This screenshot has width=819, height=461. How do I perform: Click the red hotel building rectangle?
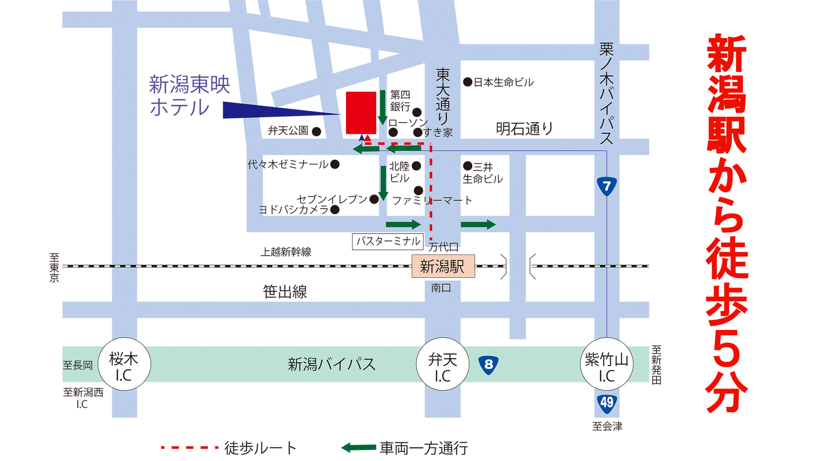tap(361, 113)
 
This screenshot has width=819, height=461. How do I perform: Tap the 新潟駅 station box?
tap(443, 266)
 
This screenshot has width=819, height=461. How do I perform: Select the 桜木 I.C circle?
tap(124, 364)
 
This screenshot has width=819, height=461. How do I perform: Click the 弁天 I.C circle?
tap(442, 364)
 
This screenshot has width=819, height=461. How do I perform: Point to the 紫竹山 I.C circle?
tap(606, 364)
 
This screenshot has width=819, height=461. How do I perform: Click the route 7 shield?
tap(606, 186)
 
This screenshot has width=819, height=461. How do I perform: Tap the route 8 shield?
tap(489, 365)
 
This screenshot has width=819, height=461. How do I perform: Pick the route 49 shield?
tap(606, 403)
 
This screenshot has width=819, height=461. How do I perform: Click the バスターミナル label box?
tap(388, 241)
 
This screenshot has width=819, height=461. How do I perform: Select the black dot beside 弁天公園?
tap(316, 131)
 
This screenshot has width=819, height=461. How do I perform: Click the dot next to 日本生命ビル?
tap(468, 82)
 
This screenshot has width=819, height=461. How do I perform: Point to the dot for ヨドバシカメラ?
tap(335, 210)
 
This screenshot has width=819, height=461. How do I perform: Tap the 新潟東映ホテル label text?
tap(189, 95)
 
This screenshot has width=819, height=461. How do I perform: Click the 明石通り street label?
tap(524, 129)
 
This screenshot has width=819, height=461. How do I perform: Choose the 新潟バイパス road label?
tap(331, 364)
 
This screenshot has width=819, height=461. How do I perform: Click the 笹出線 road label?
tap(285, 292)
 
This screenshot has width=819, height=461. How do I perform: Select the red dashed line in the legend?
tap(189, 447)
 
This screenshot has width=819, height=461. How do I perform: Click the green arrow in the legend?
tap(358, 448)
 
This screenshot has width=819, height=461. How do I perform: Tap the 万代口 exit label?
tap(444, 247)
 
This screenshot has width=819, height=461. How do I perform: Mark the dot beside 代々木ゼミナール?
tap(335, 164)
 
